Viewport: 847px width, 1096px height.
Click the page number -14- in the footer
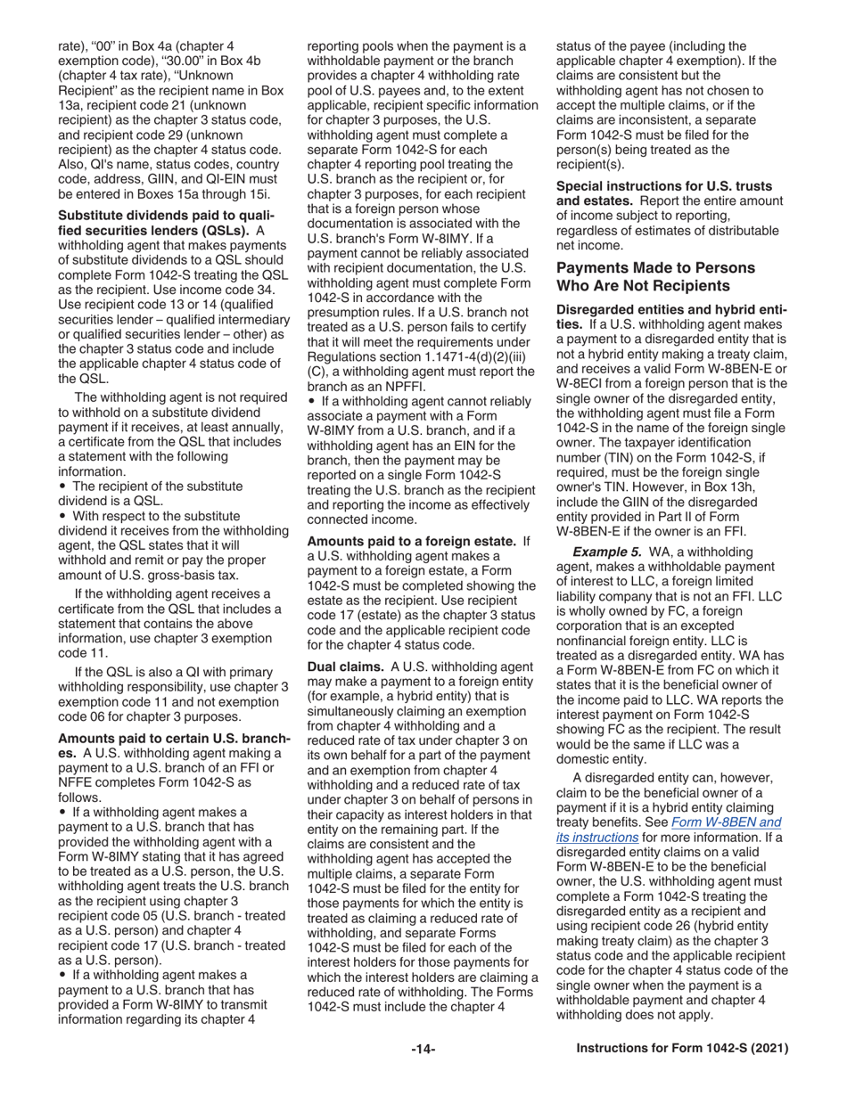[x=423, y=1050]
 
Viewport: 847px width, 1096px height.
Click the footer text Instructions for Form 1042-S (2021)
[x=682, y=1050]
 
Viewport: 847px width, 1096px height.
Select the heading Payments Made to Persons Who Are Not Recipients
[x=655, y=276]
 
